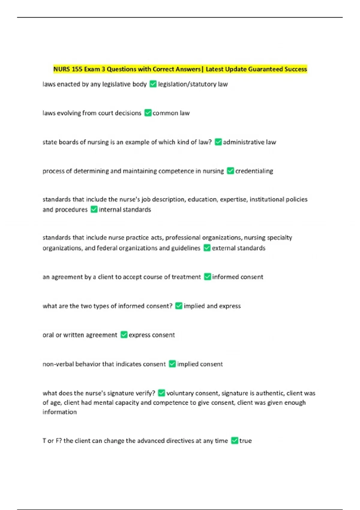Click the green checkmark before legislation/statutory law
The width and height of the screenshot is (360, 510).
tap(153, 84)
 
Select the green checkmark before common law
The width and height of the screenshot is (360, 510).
tap(148, 113)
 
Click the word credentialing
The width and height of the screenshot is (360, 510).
tap(254, 171)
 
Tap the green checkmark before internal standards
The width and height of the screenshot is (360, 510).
tap(94, 209)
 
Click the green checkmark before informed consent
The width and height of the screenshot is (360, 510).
tap(207, 277)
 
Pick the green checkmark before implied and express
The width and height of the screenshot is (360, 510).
tap(178, 306)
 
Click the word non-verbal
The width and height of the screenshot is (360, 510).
tap(58, 364)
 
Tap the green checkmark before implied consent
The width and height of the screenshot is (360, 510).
tap(172, 364)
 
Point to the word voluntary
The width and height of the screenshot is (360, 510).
tap(180, 393)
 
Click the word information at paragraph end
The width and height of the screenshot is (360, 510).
tap(59, 412)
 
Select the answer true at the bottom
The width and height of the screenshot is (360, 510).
tap(245, 441)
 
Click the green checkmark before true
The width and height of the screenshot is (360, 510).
tap(235, 441)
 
